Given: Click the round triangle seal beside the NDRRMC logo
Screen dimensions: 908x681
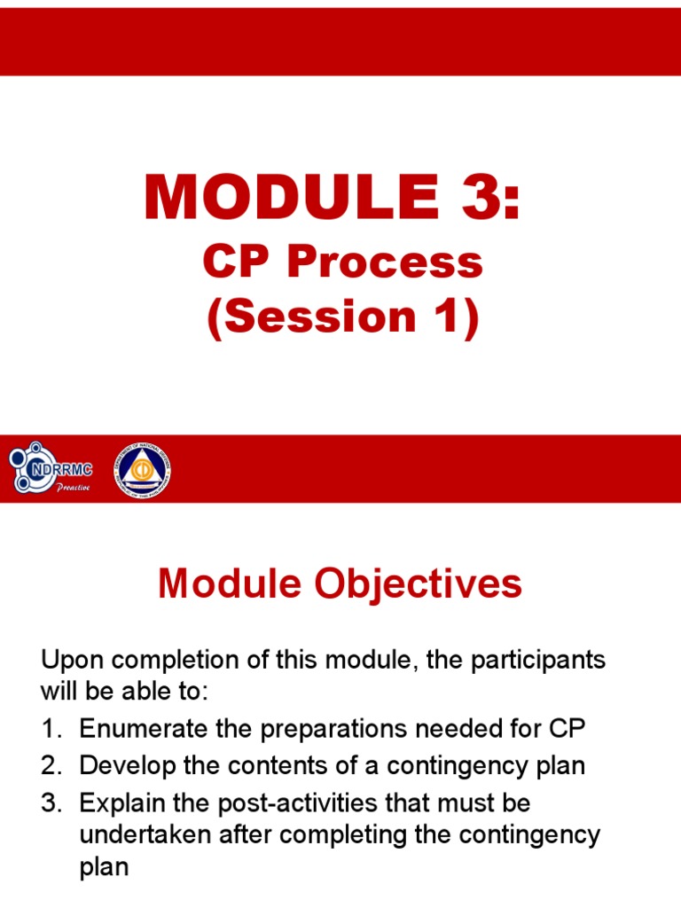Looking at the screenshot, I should pos(142,469).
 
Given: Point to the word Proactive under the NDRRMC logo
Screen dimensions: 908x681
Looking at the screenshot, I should pos(73,488).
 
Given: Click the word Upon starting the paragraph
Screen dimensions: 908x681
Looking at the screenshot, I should pos(72,661).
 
